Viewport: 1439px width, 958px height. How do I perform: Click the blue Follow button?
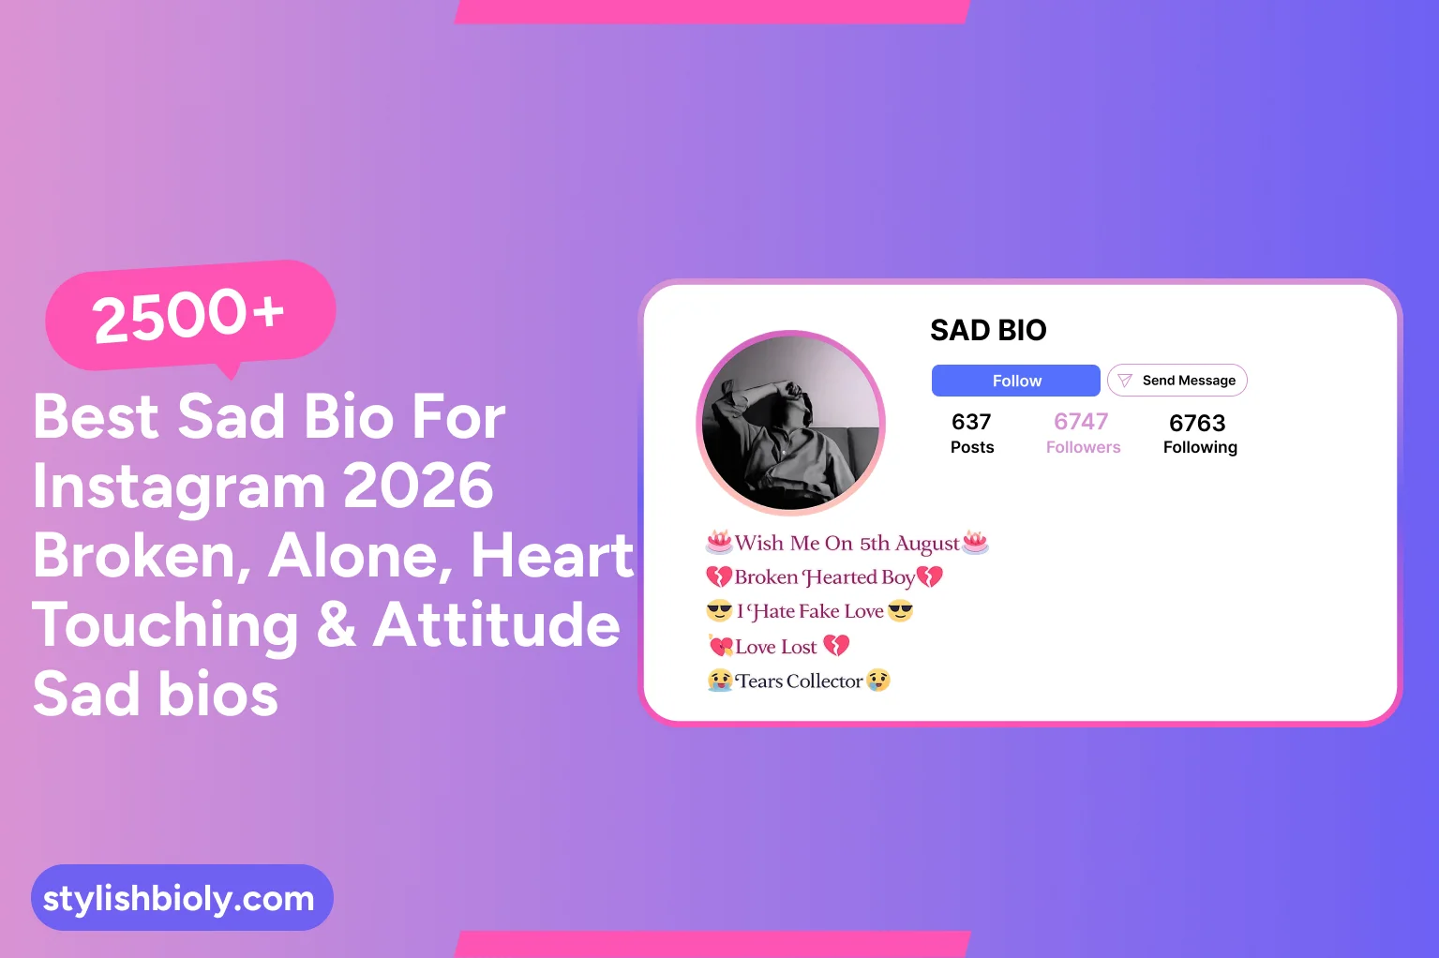[x=1015, y=381]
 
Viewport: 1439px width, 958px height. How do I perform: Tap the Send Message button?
[x=1177, y=381]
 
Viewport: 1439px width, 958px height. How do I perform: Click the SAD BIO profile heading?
[x=988, y=330]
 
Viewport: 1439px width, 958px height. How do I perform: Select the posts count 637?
[x=971, y=422]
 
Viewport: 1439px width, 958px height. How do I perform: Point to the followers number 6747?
[x=1081, y=422]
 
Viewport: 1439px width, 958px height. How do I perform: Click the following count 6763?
[x=1197, y=423]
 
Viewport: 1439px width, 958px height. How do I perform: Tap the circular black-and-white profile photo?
[x=791, y=424]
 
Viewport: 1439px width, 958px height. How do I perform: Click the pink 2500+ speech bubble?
[x=190, y=315]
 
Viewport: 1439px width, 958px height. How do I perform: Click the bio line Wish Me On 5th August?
[x=847, y=544]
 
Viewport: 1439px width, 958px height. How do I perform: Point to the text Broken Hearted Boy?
[x=824, y=577]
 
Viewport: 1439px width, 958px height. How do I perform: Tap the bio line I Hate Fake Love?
[x=810, y=612]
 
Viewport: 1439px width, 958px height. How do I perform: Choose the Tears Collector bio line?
[x=799, y=681]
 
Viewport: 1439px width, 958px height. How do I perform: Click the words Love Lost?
[x=776, y=647]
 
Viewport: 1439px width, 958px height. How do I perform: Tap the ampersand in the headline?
[x=337, y=624]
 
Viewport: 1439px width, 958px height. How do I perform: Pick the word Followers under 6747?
[x=1083, y=447]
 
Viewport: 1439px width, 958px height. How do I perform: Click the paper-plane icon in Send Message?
[x=1125, y=381]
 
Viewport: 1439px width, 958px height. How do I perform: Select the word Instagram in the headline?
[x=179, y=486]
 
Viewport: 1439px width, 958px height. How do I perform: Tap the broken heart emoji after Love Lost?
[x=836, y=646]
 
